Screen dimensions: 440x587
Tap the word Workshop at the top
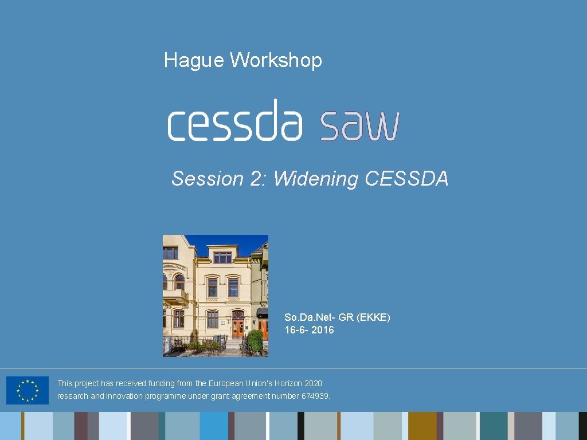pos(276,60)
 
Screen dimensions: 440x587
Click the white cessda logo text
pos(234,121)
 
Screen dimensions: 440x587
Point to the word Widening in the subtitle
pos(315,179)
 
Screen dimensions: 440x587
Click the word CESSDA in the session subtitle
pos(406,179)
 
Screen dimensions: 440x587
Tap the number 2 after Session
pos(256,179)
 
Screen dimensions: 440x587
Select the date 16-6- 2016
pos(310,330)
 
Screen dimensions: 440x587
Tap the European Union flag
pos(28,390)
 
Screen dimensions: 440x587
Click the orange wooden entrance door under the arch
pos(238,328)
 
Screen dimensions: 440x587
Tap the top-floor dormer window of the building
pos(222,257)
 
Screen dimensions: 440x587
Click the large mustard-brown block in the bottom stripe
pos(422,426)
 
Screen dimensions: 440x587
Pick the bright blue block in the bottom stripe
pos(213,426)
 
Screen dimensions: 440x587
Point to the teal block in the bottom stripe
pos(493,426)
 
